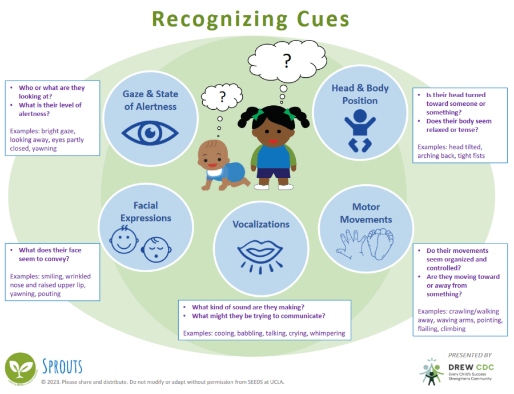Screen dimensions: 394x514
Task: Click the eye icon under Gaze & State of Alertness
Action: coord(150,133)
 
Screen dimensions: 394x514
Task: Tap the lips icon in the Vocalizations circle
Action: coord(260,252)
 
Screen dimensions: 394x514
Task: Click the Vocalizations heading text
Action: coord(260,224)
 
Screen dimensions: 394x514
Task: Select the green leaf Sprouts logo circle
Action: coord(21,369)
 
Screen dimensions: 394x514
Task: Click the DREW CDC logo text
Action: coord(471,367)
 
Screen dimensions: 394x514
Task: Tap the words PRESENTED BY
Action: coord(469,355)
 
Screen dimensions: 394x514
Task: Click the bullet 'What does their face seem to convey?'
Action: coord(50,254)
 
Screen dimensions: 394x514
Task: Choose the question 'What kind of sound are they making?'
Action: coord(248,307)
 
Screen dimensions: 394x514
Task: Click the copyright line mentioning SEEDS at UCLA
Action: coord(162,382)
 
